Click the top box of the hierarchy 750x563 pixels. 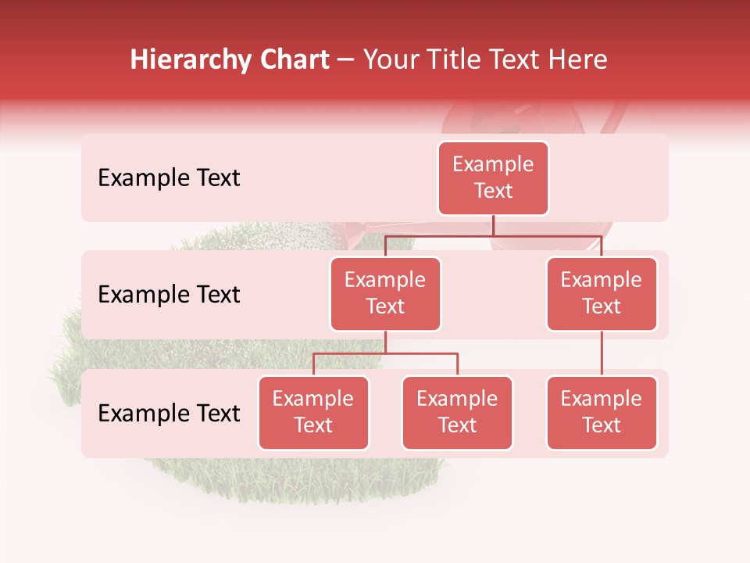493,178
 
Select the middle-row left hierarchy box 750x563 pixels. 385,293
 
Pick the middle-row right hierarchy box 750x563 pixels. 602,293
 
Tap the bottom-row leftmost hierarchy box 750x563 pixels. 313,412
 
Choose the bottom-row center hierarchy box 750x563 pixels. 457,412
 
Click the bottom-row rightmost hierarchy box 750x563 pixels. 602,412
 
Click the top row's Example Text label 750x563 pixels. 169,178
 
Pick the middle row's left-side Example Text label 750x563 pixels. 169,294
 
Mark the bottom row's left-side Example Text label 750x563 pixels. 169,413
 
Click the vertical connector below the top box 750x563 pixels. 493,225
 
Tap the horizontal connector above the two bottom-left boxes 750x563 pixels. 385,353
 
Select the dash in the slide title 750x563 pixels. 347,60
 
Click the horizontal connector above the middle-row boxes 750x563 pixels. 493,235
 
